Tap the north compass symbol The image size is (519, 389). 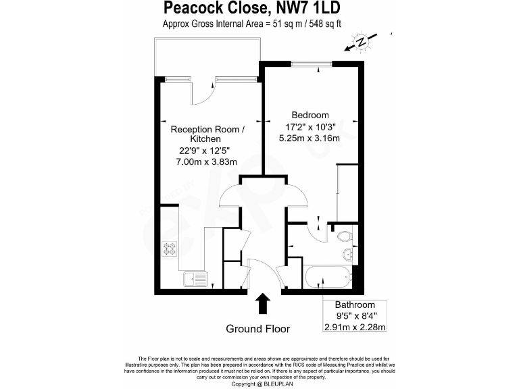tap(362, 42)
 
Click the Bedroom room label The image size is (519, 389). tap(310, 115)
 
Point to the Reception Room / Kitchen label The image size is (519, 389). tap(207, 134)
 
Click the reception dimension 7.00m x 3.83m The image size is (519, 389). tap(207, 161)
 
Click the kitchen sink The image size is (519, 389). tap(195, 278)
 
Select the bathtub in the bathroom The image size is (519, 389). tap(328, 278)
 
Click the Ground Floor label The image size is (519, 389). tap(257, 330)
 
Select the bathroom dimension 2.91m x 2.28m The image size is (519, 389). tap(355, 328)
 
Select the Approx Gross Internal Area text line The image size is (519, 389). tap(251, 25)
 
